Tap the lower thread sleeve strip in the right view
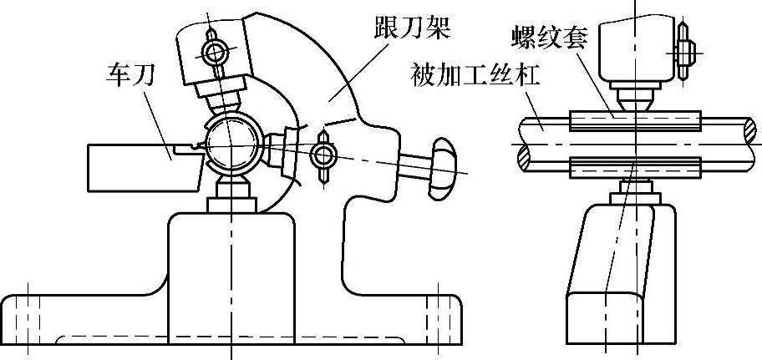[x=632, y=168]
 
